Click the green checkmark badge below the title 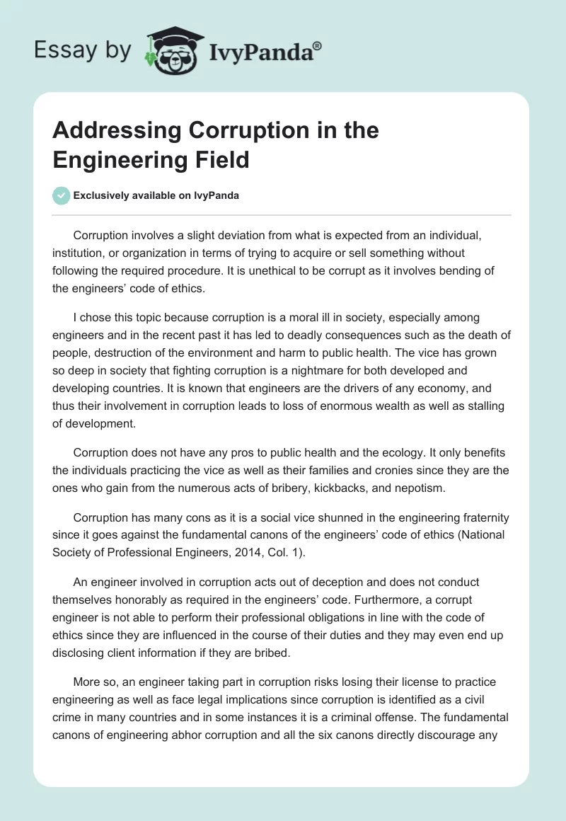click(x=62, y=195)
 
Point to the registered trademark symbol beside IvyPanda click(x=318, y=45)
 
